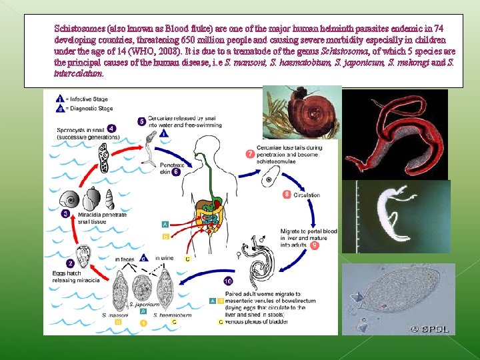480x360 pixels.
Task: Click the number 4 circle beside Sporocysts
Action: (x=112, y=128)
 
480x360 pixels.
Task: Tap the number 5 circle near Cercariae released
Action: (x=141, y=121)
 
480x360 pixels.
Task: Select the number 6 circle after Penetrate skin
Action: (x=176, y=171)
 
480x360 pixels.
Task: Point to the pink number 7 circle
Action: (x=250, y=154)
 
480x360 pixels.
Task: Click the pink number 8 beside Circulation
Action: (x=287, y=195)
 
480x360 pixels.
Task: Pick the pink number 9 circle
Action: (x=315, y=245)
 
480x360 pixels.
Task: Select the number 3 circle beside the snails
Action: (x=66, y=213)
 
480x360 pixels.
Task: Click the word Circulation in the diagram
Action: (x=307, y=195)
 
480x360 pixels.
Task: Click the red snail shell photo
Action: (x=301, y=111)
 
